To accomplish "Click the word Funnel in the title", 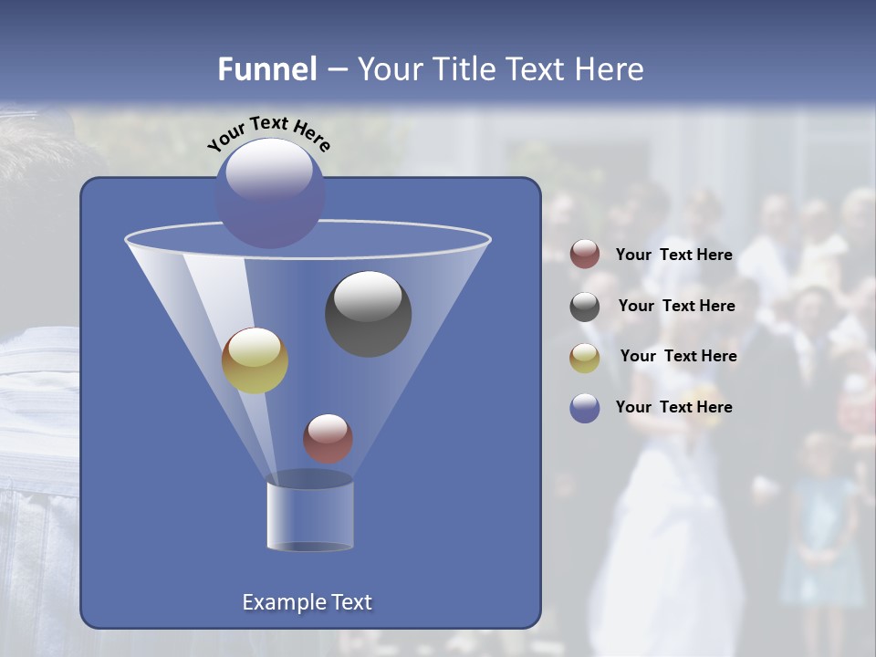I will pos(266,69).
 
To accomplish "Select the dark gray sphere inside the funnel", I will pos(369,314).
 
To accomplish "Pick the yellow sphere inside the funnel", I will pos(255,360).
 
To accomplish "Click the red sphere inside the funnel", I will pos(328,438).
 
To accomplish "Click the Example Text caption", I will pos(308,602).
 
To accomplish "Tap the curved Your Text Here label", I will pos(268,132).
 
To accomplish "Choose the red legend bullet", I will pos(585,255).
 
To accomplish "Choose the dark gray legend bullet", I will pos(585,307).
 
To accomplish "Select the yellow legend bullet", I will pos(585,358).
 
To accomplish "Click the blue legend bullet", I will pos(585,408).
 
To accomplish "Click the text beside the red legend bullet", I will pos(674,255).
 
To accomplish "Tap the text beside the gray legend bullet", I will pos(676,307).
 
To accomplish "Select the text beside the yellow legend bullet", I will pos(678,356).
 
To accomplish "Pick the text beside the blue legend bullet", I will pos(674,407).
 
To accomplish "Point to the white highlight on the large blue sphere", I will pos(268,170).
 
